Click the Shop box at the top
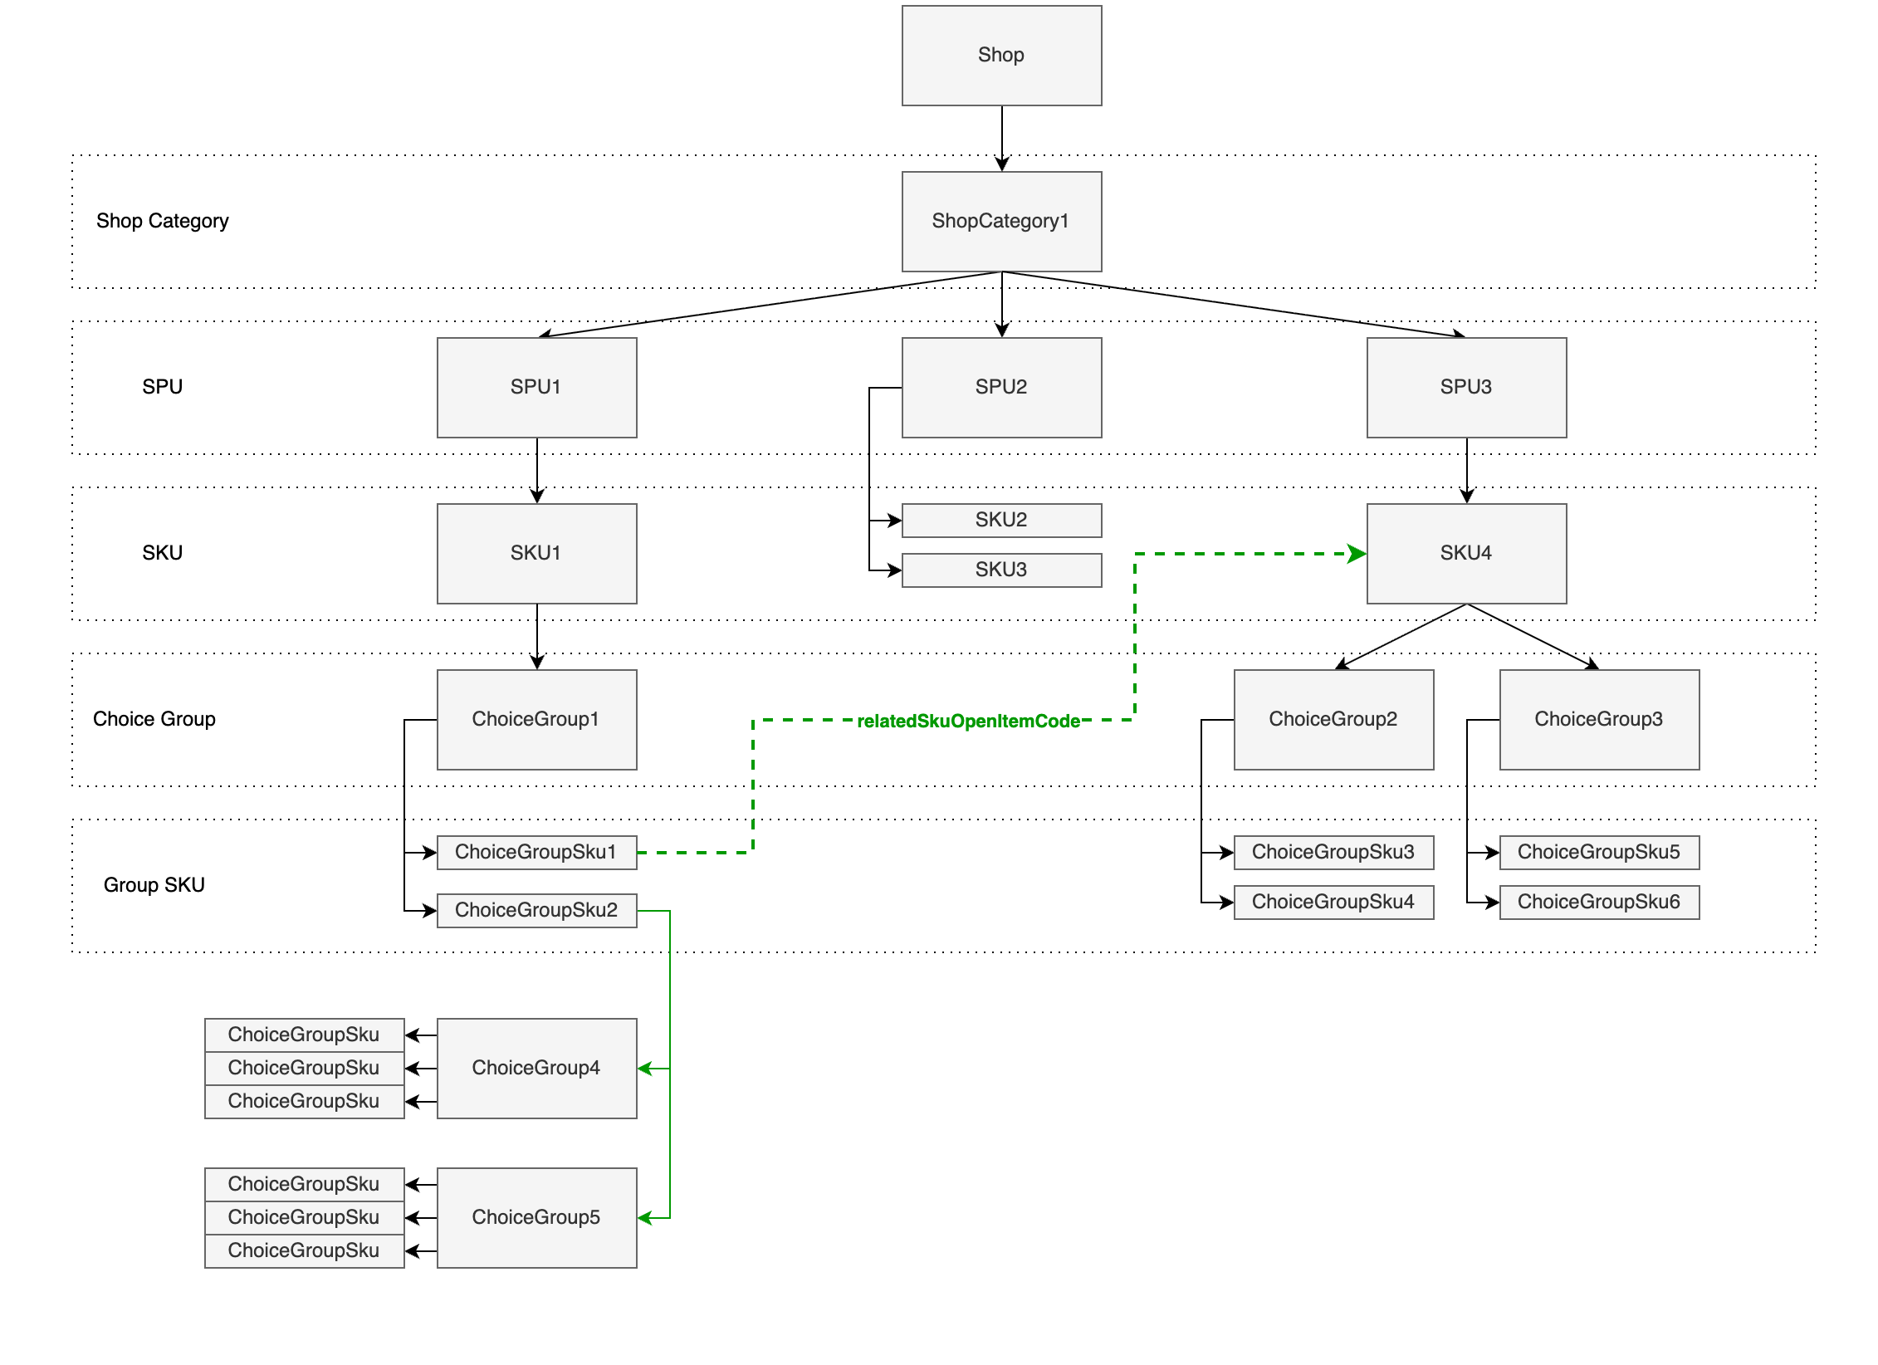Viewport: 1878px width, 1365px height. point(1001,56)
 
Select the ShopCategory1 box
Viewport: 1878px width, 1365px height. point(1001,222)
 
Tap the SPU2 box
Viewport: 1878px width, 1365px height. point(1001,388)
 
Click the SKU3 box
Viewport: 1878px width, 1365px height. point(1001,570)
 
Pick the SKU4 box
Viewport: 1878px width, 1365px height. point(1466,554)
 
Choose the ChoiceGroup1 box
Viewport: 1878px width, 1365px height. point(536,720)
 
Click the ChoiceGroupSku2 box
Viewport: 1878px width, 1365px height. point(536,911)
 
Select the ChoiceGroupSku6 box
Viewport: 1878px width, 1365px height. point(1599,903)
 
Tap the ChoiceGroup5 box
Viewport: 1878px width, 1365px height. point(536,1218)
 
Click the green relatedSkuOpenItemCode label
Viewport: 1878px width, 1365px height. point(968,721)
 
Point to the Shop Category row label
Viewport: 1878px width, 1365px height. point(162,222)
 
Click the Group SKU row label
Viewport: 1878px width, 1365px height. point(154,886)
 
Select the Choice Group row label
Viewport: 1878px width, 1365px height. point(154,720)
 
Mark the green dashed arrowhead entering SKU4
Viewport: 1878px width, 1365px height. point(1357,554)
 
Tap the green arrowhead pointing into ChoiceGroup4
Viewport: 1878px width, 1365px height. point(645,1069)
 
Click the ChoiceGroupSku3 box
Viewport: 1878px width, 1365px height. point(1333,853)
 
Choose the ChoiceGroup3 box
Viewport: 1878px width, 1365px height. point(1599,720)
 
